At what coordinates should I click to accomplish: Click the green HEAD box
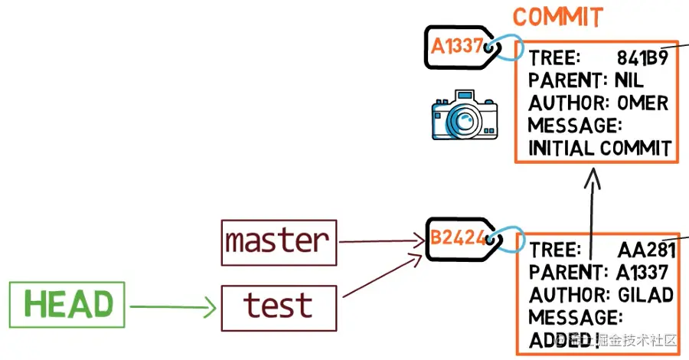68,304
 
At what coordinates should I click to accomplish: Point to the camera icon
465,116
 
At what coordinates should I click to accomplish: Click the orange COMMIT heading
557,17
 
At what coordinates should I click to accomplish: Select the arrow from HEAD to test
171,308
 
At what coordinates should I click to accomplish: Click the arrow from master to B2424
381,242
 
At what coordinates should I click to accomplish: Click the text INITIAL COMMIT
599,148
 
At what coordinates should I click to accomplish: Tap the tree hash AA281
646,250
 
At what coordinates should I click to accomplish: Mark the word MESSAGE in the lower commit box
573,317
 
